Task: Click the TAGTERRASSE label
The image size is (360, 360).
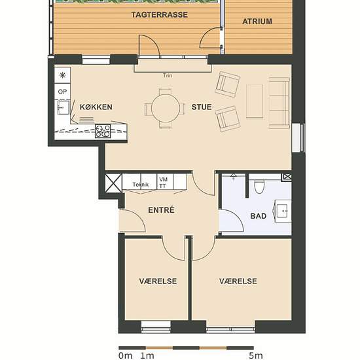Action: (x=160, y=14)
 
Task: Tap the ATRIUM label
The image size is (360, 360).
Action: (x=257, y=22)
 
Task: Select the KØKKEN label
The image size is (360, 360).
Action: (x=96, y=107)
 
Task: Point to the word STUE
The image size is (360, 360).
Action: (x=202, y=107)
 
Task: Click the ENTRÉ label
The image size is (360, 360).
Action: (x=161, y=210)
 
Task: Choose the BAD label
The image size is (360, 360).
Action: (x=259, y=216)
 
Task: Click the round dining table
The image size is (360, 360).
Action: (x=166, y=109)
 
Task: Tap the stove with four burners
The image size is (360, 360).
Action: (x=103, y=132)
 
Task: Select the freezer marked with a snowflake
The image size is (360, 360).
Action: (x=62, y=75)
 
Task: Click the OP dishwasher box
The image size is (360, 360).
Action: (x=62, y=92)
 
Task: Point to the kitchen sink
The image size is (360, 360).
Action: (x=63, y=107)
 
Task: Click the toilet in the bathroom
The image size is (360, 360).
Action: (x=259, y=186)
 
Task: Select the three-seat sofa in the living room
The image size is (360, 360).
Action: (x=279, y=103)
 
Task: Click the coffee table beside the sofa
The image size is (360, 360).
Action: (x=255, y=101)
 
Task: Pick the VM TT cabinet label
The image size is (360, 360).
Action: (x=163, y=183)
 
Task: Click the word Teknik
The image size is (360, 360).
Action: (x=141, y=185)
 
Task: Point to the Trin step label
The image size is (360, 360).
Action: (x=168, y=75)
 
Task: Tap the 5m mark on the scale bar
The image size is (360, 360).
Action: (x=255, y=355)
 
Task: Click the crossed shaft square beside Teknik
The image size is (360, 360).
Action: (x=113, y=183)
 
